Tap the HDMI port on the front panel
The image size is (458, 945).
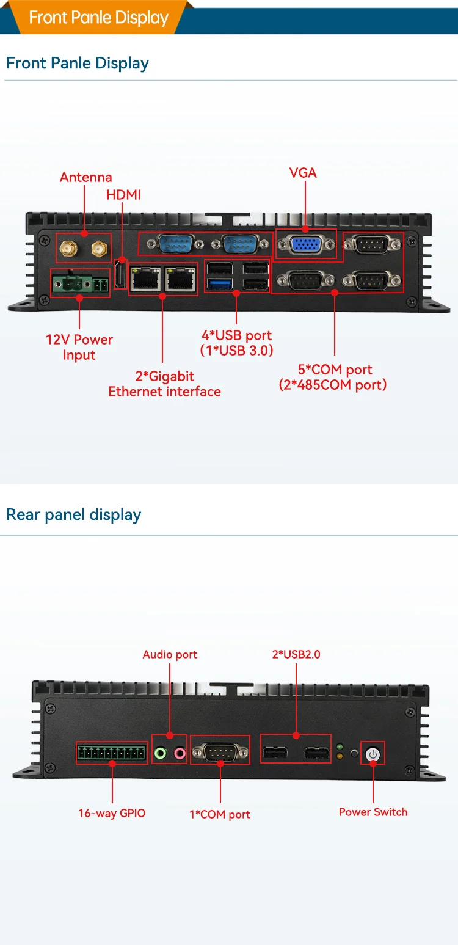tap(120, 274)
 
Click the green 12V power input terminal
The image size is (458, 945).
tap(73, 283)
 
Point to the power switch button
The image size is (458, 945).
tap(373, 754)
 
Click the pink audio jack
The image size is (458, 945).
tap(180, 753)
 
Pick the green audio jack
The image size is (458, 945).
tap(160, 753)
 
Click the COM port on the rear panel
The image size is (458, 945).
tap(220, 751)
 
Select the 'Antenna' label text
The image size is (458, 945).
tap(86, 177)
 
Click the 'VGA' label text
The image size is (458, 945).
tap(303, 173)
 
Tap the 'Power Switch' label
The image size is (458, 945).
tap(373, 812)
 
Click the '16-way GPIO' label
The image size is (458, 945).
tap(112, 813)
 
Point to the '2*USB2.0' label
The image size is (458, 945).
tap(296, 654)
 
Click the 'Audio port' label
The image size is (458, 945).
tap(170, 654)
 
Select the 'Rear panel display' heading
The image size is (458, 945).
tap(73, 514)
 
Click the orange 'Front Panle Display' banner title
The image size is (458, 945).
tap(98, 17)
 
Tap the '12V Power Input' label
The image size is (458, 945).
tap(79, 347)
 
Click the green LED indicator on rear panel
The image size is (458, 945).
tap(340, 746)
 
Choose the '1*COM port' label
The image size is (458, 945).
tap(220, 814)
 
